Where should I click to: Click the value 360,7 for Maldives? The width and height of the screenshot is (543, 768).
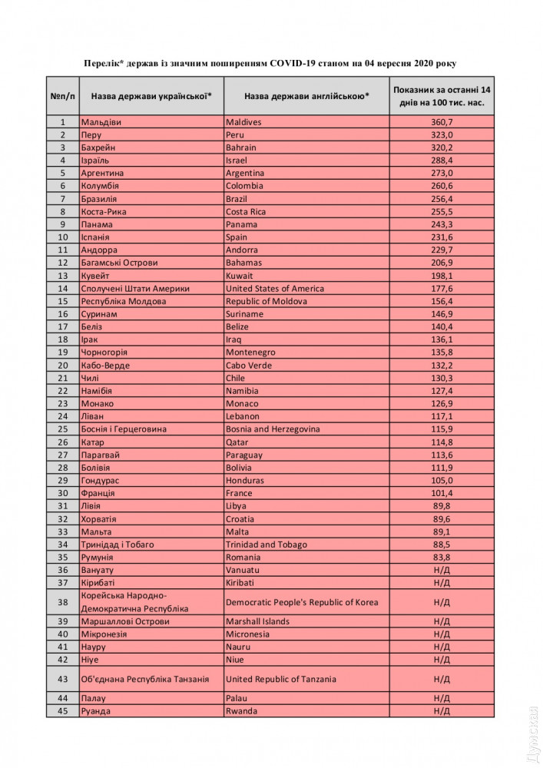(x=441, y=122)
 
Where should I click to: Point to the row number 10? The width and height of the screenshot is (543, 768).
(x=62, y=237)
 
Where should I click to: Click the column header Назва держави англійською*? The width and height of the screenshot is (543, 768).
(x=306, y=96)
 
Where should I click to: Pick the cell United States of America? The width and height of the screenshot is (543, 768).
(x=275, y=289)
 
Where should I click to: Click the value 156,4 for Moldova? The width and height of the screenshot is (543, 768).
(x=441, y=301)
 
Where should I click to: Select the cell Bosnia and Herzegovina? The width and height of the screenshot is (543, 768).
(x=273, y=429)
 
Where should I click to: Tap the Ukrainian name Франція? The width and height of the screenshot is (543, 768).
(x=98, y=493)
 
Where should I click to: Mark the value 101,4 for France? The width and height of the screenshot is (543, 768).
(x=441, y=493)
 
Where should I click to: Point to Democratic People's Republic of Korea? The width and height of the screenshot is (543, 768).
(x=302, y=602)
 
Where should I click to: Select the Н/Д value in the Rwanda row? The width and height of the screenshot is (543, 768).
(x=441, y=711)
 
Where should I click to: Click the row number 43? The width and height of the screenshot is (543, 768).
(x=62, y=679)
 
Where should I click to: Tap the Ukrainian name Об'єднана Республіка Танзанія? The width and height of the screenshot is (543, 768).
(x=145, y=679)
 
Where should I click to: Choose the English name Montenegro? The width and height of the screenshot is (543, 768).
(x=253, y=353)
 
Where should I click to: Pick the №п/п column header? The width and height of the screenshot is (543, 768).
(x=62, y=96)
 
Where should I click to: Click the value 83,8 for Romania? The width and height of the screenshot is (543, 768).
(x=441, y=558)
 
